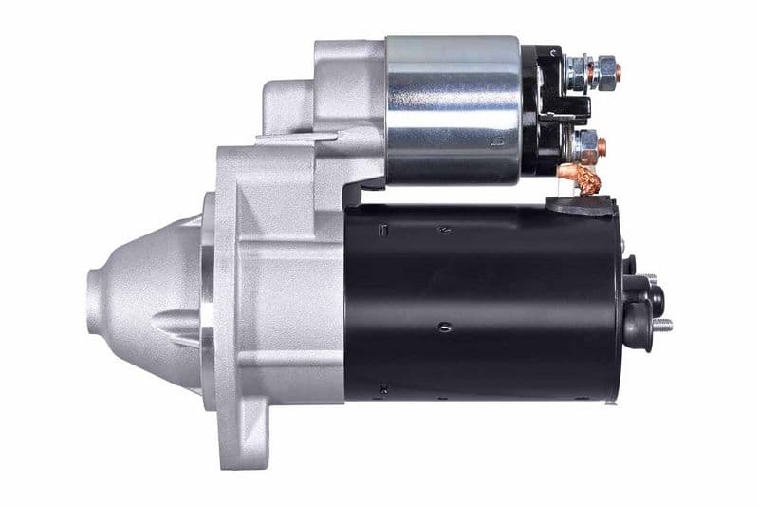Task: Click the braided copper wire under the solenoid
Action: pyautogui.click(x=581, y=178)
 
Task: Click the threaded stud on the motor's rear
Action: pyautogui.click(x=661, y=326)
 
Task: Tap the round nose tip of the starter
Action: pyautogui.click(x=95, y=302)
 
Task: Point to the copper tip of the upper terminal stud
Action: pyautogui.click(x=617, y=71)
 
